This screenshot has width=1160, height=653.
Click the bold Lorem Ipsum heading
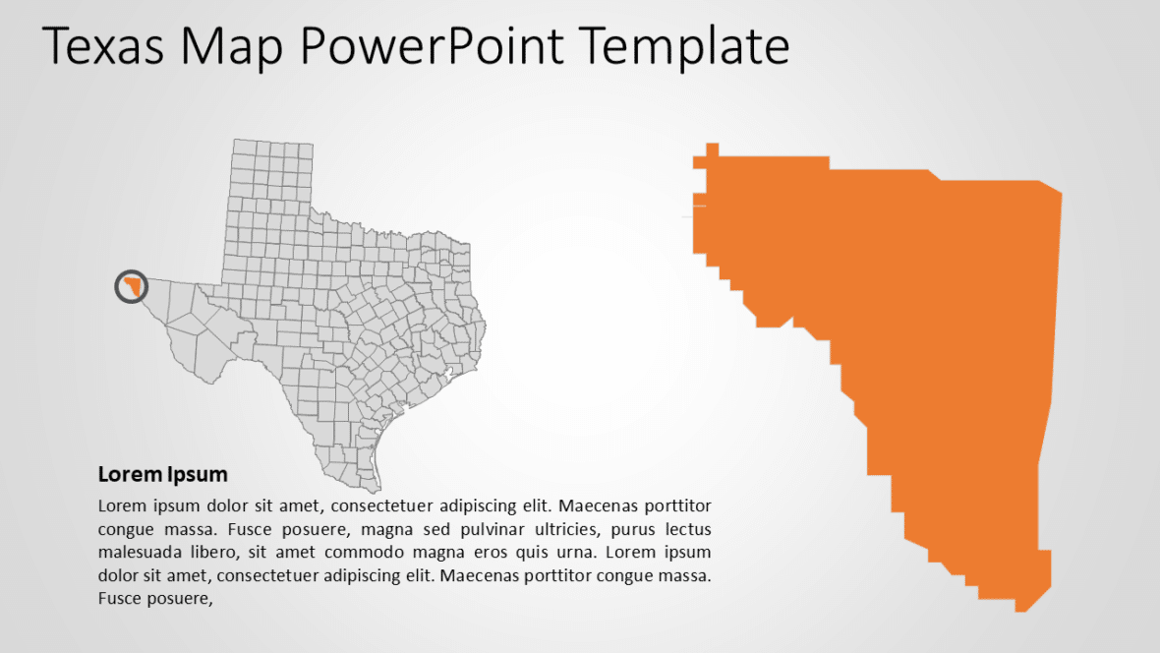(x=163, y=475)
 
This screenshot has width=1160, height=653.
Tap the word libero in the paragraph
(x=214, y=552)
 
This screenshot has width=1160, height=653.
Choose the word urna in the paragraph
(x=582, y=552)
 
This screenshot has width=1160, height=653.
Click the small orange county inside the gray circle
(x=133, y=286)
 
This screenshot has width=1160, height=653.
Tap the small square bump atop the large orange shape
(x=713, y=149)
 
